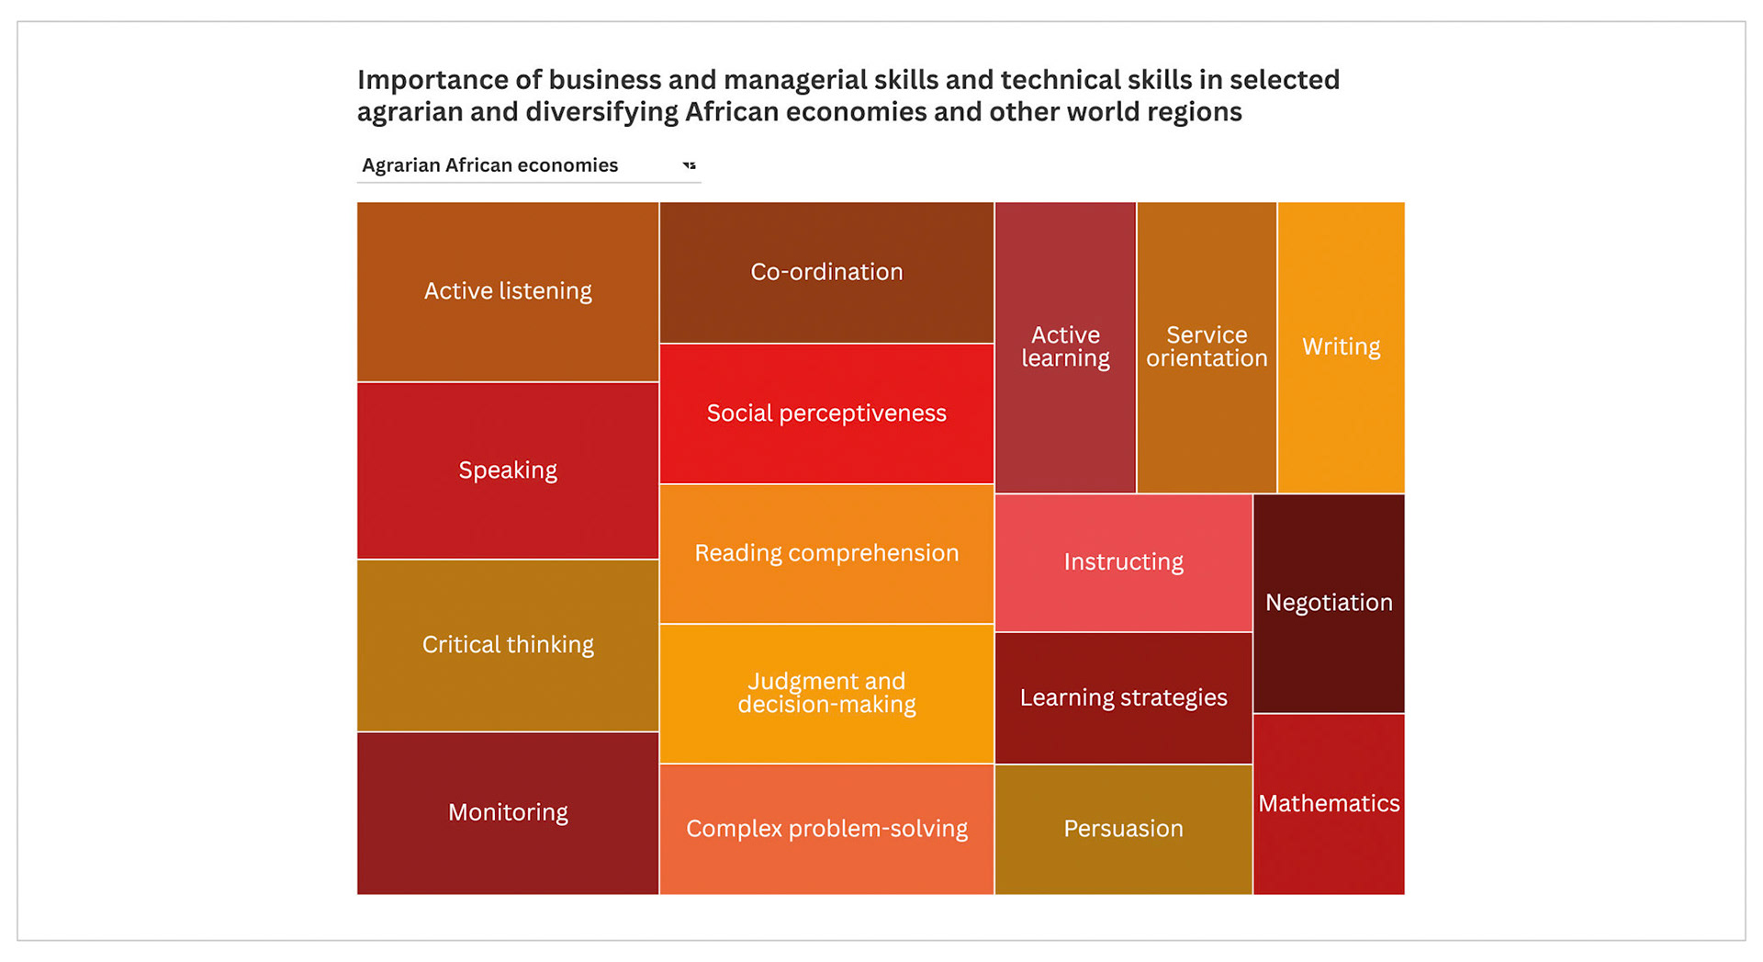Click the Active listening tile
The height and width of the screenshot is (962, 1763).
[x=508, y=291]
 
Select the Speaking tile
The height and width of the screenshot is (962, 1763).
[x=508, y=470]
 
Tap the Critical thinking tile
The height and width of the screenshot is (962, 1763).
[x=508, y=645]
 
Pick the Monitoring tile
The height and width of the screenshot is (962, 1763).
[x=508, y=812]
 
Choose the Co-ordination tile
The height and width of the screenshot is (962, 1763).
[x=826, y=272]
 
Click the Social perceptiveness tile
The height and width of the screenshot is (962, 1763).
[x=826, y=413]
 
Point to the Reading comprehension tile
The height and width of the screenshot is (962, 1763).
[x=826, y=553]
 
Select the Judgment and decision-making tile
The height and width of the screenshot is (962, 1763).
[x=826, y=693]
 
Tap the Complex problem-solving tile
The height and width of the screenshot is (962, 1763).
[x=826, y=829]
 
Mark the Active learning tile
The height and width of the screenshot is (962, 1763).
[x=1065, y=347]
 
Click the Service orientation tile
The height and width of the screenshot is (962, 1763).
[x=1207, y=347]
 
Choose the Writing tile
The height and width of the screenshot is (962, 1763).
[x=1341, y=347]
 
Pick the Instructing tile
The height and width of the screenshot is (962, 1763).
[x=1123, y=562]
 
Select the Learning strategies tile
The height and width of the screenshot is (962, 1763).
[x=1123, y=698]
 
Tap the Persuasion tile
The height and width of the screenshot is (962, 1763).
[x=1123, y=829]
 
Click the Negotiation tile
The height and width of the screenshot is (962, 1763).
[x=1329, y=603]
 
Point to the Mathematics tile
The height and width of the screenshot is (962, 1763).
[x=1329, y=804]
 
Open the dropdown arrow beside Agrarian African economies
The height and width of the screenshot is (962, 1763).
[x=690, y=165]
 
